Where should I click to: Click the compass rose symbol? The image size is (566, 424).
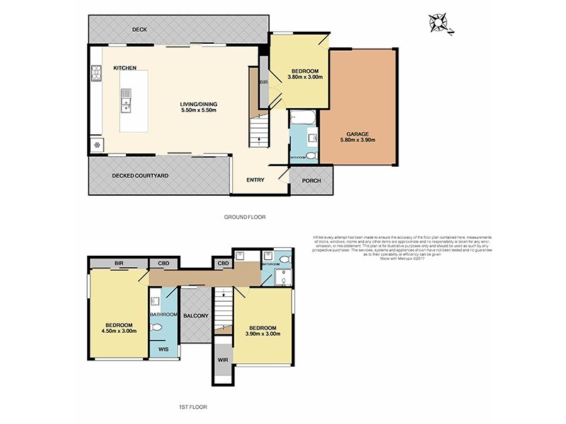[x=440, y=23]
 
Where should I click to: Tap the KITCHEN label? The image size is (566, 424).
[x=125, y=68]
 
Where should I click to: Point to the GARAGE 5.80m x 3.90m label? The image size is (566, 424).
[x=359, y=136]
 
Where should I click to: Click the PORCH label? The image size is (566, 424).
[x=311, y=180]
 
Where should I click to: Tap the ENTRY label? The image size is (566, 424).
[x=255, y=180]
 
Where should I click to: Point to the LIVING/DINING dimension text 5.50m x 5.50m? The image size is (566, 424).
[x=197, y=111]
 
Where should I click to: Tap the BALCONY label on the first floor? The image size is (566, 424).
[x=195, y=316]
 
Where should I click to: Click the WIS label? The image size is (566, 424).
[x=163, y=349]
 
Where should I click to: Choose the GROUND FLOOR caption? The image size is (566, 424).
[x=244, y=217]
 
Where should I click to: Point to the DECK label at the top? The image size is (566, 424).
[x=139, y=30]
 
